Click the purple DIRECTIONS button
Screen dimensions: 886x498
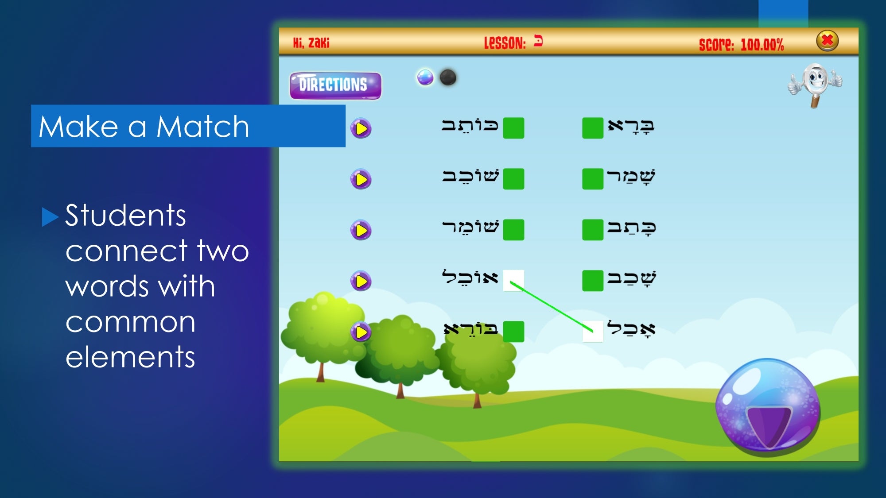335,85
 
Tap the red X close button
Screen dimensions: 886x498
827,41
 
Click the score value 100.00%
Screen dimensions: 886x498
762,45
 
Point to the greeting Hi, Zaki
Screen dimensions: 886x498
311,43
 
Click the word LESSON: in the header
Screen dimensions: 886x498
505,43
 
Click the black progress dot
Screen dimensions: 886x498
448,77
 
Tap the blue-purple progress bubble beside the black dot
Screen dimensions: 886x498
425,77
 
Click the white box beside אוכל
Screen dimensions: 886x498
513,281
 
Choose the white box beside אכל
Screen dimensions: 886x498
593,332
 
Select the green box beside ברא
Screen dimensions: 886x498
593,128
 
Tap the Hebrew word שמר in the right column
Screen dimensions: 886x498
631,177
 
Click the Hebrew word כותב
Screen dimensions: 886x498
470,126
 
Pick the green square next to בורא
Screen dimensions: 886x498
513,332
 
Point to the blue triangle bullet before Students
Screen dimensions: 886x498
50,217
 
